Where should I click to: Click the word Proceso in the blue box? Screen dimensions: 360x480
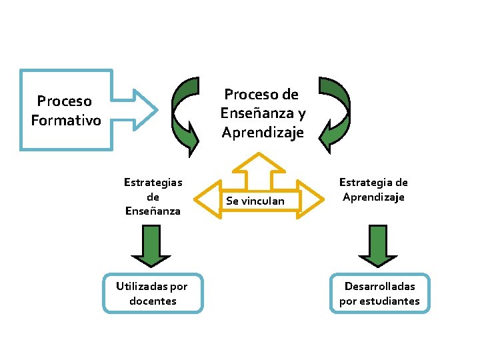point(64,101)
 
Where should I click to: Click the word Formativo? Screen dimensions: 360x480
point(66,121)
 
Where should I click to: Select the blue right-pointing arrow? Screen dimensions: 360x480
point(136,109)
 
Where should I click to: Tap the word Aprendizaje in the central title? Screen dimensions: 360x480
point(263,133)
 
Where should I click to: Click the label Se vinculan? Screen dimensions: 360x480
point(255,201)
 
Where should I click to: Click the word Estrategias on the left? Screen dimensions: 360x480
point(153,182)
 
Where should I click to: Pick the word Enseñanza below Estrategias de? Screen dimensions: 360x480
point(153,211)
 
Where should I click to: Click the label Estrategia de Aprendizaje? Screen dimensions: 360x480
point(373,189)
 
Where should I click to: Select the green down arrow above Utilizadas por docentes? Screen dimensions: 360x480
point(152,247)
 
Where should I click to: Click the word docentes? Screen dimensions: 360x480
point(153,301)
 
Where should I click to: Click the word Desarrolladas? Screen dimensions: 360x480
point(379,286)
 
